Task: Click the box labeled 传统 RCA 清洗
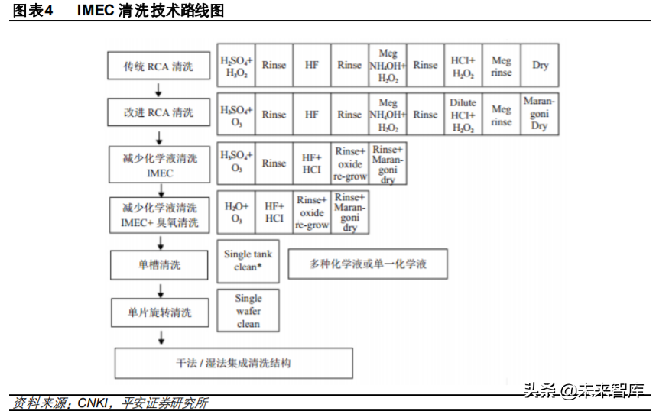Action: (158, 66)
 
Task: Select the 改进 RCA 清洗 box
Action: (158, 112)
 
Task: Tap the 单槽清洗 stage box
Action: (158, 265)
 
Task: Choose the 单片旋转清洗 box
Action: (158, 312)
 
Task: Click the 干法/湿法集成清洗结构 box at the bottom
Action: (233, 363)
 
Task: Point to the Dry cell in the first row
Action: (540, 66)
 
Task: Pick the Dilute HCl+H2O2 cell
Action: (463, 115)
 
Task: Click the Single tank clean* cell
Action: (248, 260)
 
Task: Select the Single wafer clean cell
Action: (248, 311)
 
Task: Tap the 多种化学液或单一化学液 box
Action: (367, 264)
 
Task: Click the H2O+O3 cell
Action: (236, 212)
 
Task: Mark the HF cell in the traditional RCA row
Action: (311, 66)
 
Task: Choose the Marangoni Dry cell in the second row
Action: (540, 114)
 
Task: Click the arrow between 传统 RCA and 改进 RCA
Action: (159, 89)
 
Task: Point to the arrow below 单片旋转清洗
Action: (159, 336)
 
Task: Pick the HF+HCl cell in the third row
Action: (311, 162)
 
